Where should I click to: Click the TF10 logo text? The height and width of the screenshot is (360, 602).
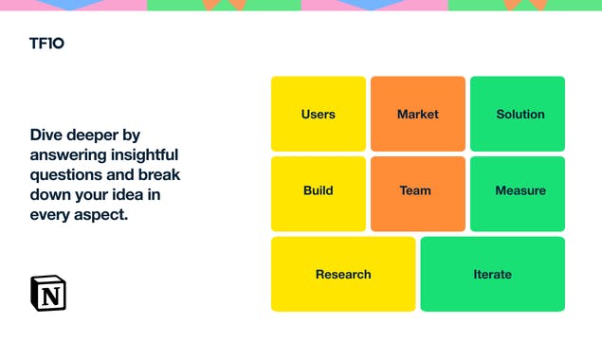coord(46,44)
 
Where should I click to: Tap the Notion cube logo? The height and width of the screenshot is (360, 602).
coord(48,293)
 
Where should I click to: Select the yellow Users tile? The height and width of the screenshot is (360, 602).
coord(319,114)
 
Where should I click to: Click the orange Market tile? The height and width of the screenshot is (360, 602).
coord(418,114)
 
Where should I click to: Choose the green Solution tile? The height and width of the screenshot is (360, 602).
coord(518,114)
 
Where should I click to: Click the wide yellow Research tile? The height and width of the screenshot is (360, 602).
coord(343,274)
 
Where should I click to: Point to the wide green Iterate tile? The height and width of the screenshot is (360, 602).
coord(492,274)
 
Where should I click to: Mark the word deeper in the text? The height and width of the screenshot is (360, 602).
coord(94,135)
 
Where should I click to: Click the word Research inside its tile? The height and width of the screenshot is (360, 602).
coord(343,275)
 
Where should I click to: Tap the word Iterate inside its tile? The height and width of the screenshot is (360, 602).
coord(492,275)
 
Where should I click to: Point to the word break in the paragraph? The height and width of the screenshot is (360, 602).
coord(160,175)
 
